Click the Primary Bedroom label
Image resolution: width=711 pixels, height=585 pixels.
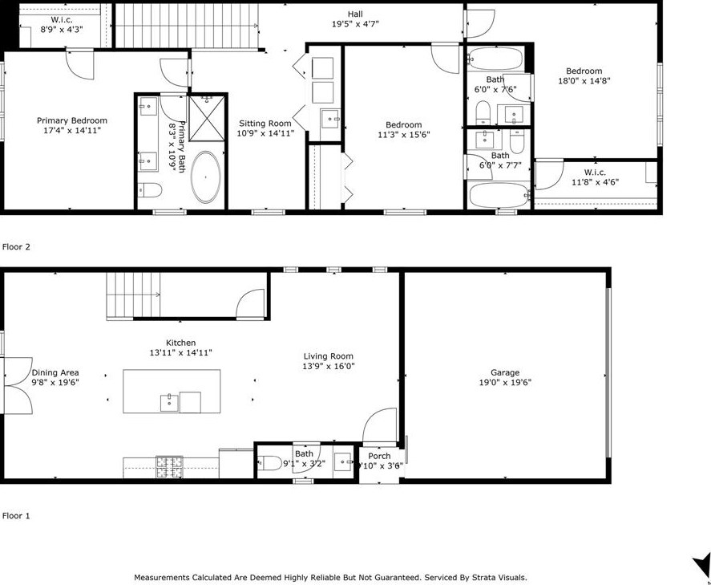pos(72,120)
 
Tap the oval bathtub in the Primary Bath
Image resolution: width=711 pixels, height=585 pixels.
pos(206,177)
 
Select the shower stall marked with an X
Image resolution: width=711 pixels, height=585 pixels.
pos(206,118)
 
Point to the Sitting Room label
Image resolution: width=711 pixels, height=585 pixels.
pos(265,123)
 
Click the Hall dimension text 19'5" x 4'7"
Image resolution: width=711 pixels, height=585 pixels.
pos(356,24)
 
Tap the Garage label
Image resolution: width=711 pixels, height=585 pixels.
pos(505,372)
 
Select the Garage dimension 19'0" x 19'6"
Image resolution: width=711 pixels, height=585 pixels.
pos(505,382)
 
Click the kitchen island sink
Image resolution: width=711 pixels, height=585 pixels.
pos(170,404)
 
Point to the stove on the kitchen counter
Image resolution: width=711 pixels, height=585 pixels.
pos(170,467)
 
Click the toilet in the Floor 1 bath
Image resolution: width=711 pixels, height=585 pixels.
pos(270,463)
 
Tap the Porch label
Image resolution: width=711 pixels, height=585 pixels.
pos(379,456)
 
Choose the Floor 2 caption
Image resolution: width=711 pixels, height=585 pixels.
pos(16,247)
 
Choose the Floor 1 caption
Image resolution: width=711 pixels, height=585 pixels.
pos(16,515)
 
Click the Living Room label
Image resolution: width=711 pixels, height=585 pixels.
pos(329,356)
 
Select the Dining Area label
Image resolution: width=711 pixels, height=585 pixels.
pos(55,372)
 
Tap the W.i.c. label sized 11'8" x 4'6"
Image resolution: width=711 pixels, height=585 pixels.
pos(595,173)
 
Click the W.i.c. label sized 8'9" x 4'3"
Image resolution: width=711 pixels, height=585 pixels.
pos(62,19)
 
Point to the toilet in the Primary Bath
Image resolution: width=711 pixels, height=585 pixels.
pos(150,190)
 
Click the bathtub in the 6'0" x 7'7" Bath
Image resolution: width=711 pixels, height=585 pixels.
pos(499,195)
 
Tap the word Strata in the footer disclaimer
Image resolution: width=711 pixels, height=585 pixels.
pos(483,578)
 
